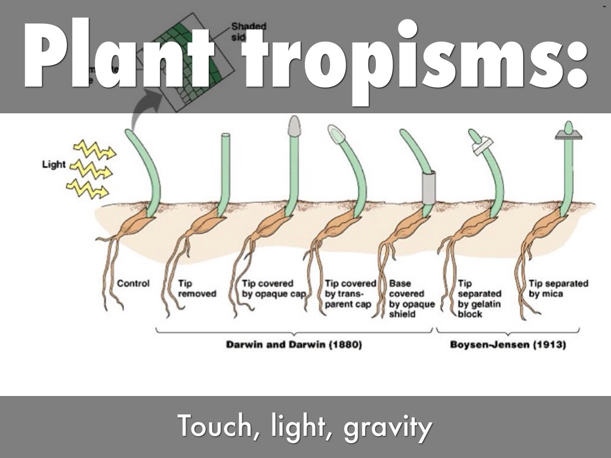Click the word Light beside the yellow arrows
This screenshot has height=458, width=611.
pyautogui.click(x=53, y=164)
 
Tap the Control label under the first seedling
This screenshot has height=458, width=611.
pyautogui.click(x=133, y=283)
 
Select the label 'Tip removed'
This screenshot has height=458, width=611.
pyautogui.click(x=197, y=289)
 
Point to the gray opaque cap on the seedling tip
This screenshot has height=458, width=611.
pyautogui.click(x=294, y=125)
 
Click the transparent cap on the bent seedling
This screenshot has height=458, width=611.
pyautogui.click(x=336, y=134)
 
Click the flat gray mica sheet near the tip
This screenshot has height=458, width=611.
pyautogui.click(x=568, y=136)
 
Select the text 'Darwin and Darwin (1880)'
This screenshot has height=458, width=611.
pyautogui.click(x=294, y=345)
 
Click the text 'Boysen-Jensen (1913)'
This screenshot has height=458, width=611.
pyautogui.click(x=508, y=345)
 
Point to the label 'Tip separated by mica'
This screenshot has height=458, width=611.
pyautogui.click(x=558, y=289)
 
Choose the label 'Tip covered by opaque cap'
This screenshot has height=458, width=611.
pyautogui.click(x=274, y=289)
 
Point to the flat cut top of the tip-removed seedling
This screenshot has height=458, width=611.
pyautogui.click(x=226, y=136)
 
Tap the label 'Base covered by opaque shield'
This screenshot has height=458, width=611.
pyautogui.click(x=407, y=299)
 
